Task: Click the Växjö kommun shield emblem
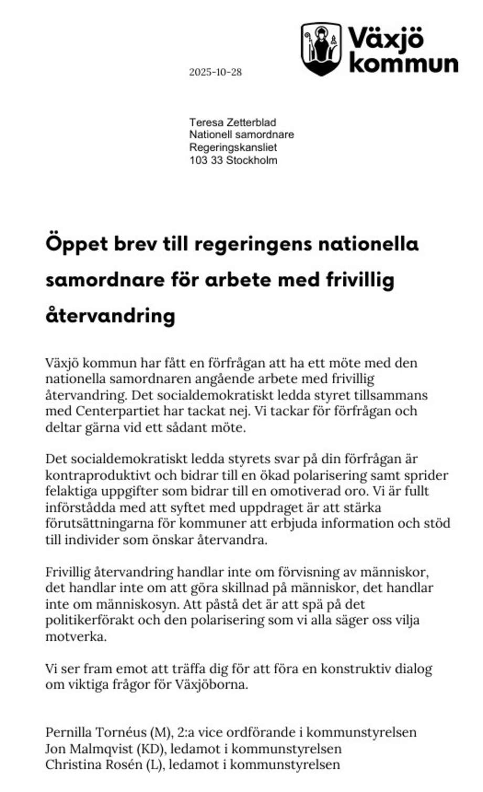(321, 49)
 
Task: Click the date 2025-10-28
(215, 73)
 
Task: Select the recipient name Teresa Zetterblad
(233, 122)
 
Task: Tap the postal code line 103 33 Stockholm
(233, 160)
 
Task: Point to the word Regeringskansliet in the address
(233, 148)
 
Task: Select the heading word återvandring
(110, 315)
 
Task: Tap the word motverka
(76, 636)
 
